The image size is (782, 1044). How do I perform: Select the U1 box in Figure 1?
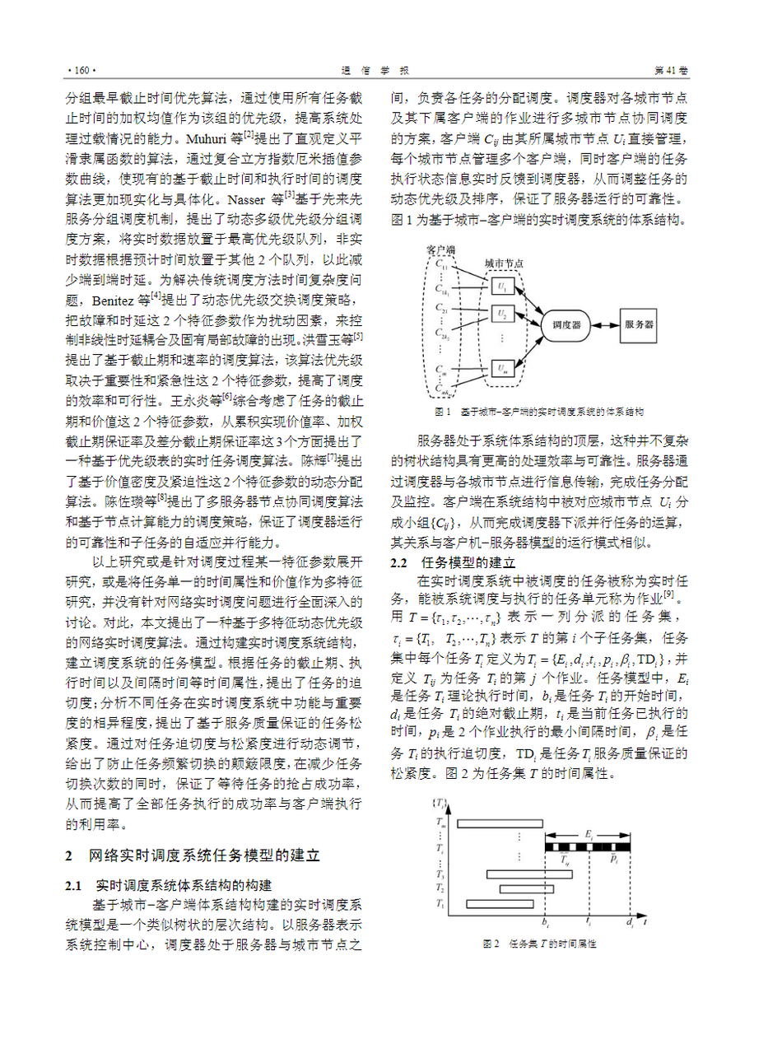(x=503, y=287)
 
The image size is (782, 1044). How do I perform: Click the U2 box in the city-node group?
(x=503, y=314)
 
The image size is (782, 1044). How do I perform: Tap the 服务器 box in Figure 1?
(x=640, y=325)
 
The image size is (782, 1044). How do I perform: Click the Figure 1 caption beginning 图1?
(x=540, y=410)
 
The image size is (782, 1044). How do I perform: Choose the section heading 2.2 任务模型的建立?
(x=453, y=563)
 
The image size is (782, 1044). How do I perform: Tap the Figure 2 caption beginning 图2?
(x=539, y=944)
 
